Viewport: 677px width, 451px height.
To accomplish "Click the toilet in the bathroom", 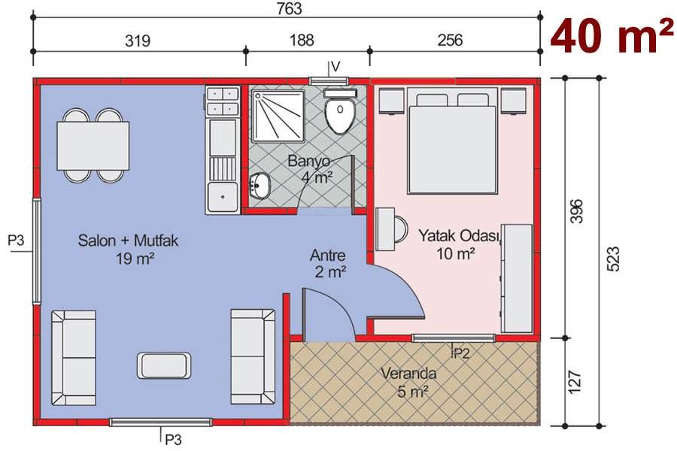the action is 340,111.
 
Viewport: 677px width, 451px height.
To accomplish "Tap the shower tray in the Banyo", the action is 278,116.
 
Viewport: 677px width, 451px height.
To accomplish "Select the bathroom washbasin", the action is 259,186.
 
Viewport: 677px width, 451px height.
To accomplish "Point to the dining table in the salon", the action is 93,146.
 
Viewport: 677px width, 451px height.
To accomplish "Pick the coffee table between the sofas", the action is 164,366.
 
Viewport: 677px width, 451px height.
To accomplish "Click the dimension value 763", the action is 290,8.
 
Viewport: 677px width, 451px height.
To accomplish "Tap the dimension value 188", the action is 302,40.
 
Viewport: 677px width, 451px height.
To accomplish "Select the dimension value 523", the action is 613,259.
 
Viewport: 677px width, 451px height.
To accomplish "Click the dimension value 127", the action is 574,382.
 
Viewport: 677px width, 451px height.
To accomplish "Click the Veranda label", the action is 408,373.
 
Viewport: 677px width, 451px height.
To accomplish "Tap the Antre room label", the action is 328,255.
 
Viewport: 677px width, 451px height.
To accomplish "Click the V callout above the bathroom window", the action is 335,66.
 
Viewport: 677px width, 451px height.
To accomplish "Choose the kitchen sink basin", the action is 223,197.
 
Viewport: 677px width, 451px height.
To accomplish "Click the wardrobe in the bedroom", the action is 516,278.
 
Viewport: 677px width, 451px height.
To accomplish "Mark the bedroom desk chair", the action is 401,229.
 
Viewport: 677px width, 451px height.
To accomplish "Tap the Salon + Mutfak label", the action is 128,241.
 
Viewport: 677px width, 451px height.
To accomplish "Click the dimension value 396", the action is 576,210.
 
